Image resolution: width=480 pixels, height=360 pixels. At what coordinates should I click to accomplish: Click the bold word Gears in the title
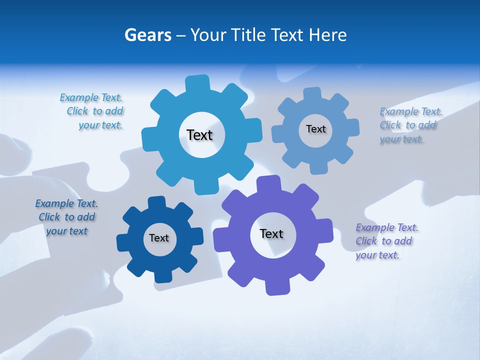(147, 35)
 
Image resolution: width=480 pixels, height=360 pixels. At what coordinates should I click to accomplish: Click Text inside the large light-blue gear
(199, 135)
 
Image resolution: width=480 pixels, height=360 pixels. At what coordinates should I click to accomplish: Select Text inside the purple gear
(271, 233)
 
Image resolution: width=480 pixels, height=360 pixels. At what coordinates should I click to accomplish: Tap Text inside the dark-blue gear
(159, 238)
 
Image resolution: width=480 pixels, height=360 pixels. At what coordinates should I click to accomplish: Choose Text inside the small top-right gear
(315, 129)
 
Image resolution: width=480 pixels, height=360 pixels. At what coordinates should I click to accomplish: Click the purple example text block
(386, 241)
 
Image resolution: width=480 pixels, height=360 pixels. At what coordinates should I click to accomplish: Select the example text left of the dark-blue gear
(66, 217)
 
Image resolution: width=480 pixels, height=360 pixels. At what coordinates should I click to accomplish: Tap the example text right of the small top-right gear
(410, 125)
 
